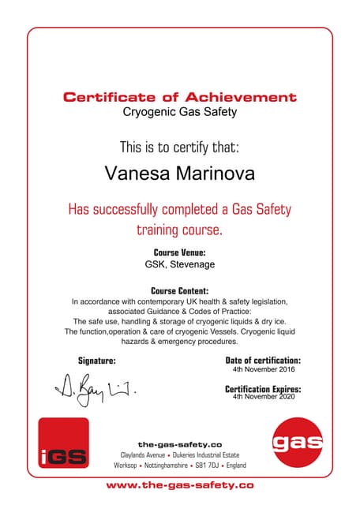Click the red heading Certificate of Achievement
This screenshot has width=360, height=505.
pyautogui.click(x=180, y=98)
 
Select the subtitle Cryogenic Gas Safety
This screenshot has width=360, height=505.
pyautogui.click(x=180, y=113)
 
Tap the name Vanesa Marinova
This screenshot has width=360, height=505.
pyautogui.click(x=180, y=172)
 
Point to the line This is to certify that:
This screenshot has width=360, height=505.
pyautogui.click(x=180, y=146)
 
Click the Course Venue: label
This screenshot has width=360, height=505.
pyautogui.click(x=180, y=252)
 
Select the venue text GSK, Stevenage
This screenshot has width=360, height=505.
pyautogui.click(x=180, y=265)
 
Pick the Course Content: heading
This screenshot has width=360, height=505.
pyautogui.click(x=180, y=290)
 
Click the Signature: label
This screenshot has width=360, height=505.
pyautogui.click(x=96, y=361)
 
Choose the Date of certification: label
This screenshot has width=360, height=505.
pyautogui.click(x=263, y=361)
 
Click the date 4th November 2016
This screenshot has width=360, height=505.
pyautogui.click(x=263, y=369)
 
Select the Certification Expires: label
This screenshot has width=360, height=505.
pyautogui.click(x=263, y=389)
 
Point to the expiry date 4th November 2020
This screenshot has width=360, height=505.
pyautogui.click(x=263, y=398)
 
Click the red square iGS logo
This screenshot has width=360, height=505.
pyautogui.click(x=64, y=443)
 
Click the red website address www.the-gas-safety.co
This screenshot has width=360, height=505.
pyautogui.click(x=180, y=484)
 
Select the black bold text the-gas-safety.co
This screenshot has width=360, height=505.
pyautogui.click(x=180, y=444)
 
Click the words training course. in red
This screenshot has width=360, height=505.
pyautogui.click(x=180, y=230)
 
